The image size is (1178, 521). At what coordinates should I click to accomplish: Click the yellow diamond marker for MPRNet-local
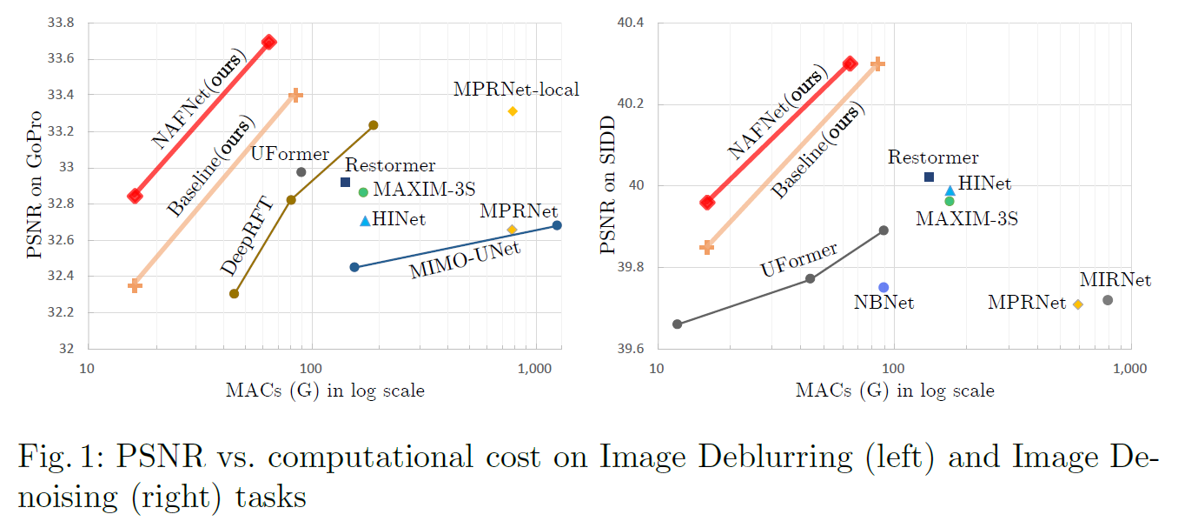[513, 111]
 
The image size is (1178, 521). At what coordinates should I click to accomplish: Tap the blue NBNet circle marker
[883, 287]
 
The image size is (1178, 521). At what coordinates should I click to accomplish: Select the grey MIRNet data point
[1108, 300]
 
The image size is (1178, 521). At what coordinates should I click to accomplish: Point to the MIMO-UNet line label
[465, 260]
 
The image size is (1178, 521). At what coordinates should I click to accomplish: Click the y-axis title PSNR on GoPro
[34, 184]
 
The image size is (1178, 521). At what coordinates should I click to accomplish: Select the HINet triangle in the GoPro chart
[365, 221]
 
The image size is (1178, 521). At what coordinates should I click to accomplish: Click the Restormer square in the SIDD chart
[929, 177]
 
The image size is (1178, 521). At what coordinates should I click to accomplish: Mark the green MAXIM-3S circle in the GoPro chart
[363, 191]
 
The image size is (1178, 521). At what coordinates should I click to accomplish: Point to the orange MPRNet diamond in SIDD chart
[1078, 304]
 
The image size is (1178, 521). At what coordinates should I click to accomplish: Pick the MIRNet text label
[1115, 280]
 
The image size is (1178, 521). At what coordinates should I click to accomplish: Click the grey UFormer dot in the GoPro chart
[301, 172]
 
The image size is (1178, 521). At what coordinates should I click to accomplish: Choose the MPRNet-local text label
[515, 89]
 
